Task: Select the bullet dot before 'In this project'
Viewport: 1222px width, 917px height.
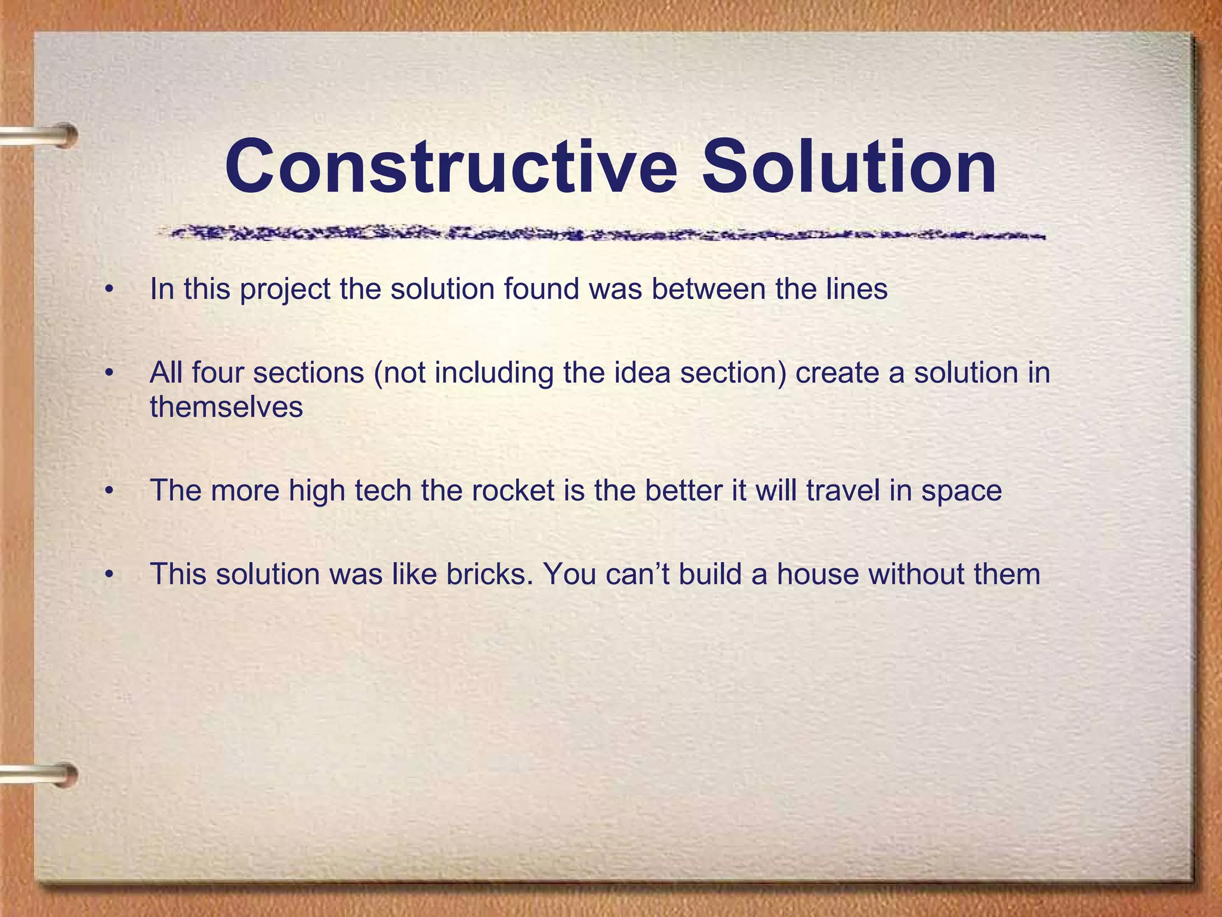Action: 108,291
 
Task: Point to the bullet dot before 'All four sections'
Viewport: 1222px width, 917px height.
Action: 108,374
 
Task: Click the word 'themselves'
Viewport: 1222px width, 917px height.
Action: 226,407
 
